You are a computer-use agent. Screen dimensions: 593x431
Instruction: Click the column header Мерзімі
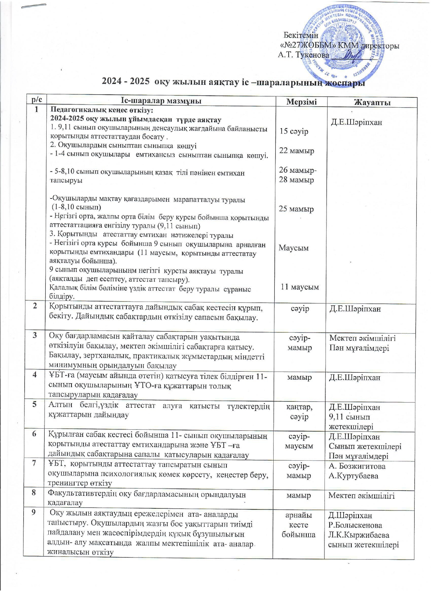301,102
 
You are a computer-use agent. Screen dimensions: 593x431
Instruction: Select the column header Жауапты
372,102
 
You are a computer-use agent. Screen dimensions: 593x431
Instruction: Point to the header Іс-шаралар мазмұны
161,101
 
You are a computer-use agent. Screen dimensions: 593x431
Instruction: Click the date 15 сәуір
294,131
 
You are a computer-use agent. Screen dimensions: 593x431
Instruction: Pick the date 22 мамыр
297,150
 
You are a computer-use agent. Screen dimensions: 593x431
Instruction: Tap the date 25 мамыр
296,209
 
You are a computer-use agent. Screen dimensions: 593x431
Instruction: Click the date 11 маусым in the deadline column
299,287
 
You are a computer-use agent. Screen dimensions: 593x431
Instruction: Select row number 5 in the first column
34,405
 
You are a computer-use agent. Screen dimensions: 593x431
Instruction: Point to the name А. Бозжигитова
357,466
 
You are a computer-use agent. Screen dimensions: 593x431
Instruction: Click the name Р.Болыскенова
355,525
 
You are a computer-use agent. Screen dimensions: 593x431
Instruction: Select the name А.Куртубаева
353,476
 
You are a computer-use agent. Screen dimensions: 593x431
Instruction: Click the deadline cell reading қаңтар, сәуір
299,412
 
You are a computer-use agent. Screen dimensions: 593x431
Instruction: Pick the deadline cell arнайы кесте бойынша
298,525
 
